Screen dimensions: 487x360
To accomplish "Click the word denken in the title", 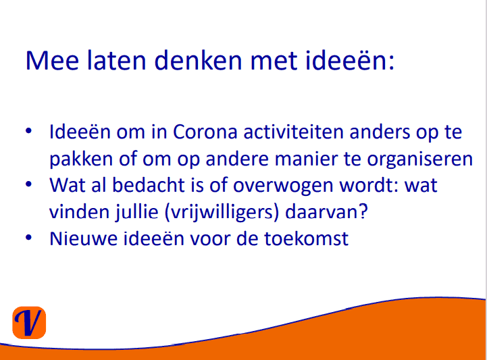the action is [x=198, y=60].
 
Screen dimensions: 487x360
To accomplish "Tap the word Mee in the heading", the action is [x=52, y=60].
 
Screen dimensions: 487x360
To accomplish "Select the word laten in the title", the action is [x=116, y=60].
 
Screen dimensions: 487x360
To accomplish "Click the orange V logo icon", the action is [x=29, y=322].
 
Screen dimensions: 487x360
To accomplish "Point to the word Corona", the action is [x=205, y=132].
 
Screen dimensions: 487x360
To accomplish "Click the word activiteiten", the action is [x=293, y=132].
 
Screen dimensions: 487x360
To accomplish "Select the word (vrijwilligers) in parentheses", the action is [x=221, y=213].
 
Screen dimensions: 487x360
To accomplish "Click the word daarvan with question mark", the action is [x=326, y=212].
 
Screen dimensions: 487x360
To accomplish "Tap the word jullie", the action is [x=136, y=213].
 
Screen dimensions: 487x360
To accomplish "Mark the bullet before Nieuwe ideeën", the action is [x=28, y=238].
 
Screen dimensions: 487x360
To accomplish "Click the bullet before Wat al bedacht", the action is [x=28, y=184].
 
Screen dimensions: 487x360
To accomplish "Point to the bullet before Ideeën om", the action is [x=28, y=131].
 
